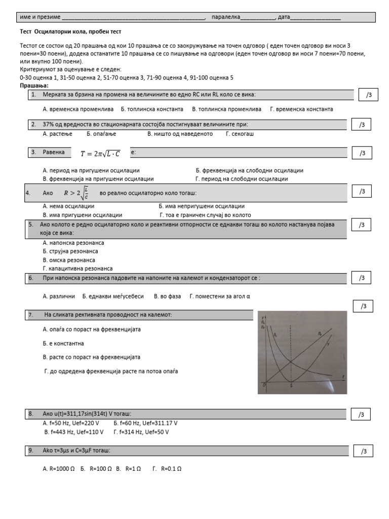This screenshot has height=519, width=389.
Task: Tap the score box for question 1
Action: click(369, 95)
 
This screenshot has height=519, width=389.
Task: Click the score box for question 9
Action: click(370, 452)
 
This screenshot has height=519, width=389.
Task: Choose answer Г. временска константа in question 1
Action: click(302, 109)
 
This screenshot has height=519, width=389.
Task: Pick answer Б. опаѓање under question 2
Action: click(101, 134)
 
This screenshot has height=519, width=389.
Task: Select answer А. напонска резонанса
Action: click(73, 243)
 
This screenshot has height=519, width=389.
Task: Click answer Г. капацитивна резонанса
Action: click(77, 269)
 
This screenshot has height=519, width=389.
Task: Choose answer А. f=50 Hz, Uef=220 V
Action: click(71, 423)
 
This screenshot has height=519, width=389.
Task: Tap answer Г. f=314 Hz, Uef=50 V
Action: click(141, 432)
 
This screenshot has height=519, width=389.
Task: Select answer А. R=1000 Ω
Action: click(59, 469)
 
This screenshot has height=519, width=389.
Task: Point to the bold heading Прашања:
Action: click(34, 86)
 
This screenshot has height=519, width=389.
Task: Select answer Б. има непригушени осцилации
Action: click(201, 206)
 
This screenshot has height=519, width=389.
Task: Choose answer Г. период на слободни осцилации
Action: click(242, 179)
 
